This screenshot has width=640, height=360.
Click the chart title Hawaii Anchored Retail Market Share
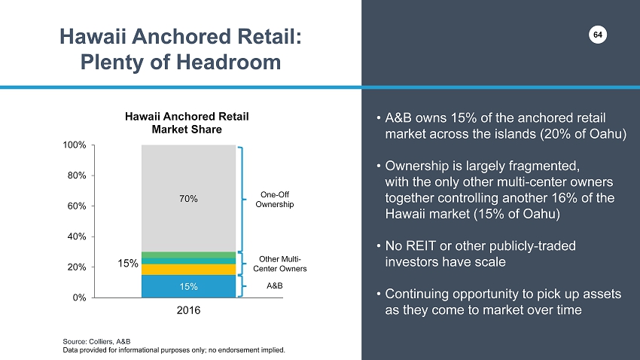point(187,123)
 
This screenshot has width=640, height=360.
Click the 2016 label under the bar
point(188,310)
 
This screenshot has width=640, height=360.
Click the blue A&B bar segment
point(188,286)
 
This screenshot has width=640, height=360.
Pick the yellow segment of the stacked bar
point(188,270)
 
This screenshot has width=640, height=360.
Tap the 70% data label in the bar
point(188,199)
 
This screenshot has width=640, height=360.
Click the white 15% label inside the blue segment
point(188,287)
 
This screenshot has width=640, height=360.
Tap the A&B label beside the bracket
point(276,287)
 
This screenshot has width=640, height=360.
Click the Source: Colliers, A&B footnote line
point(95,341)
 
